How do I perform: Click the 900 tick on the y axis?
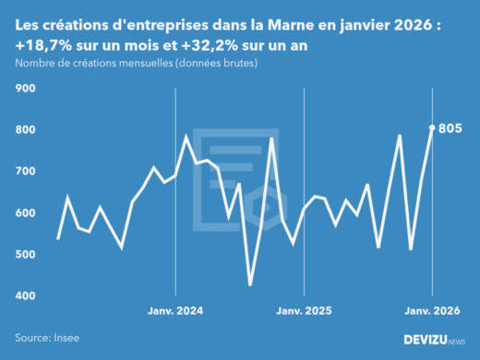point(25,89)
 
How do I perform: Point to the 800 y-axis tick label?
point(25,130)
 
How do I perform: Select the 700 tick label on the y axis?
point(25,172)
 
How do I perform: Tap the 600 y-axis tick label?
point(25,213)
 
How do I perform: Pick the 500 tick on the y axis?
point(25,255)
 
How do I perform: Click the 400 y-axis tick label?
point(25,296)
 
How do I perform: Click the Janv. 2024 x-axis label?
point(175,311)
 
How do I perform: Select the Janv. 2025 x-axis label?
point(304,311)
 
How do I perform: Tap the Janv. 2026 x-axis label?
point(432,311)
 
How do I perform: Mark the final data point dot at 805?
point(432,127)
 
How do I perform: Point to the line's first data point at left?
point(58,238)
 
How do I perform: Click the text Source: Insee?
point(45,339)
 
